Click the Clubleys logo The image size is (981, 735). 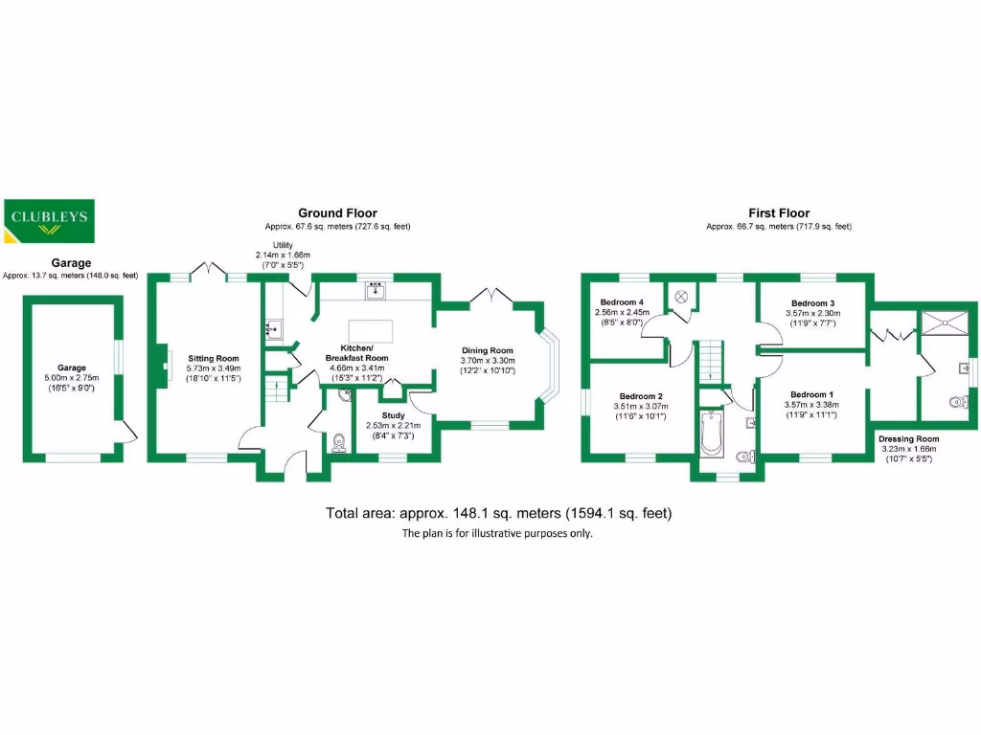click(49, 221)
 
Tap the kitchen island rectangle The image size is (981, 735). click(371, 330)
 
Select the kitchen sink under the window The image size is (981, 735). click(376, 291)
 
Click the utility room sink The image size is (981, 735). click(273, 329)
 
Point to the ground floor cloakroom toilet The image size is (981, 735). click(338, 442)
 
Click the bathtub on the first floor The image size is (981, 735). click(712, 434)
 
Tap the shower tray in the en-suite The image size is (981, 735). click(945, 323)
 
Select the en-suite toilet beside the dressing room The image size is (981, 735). click(958, 401)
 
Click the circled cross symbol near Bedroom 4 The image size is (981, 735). click(681, 297)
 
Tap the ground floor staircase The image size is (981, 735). click(276, 389)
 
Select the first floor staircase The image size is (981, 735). click(710, 361)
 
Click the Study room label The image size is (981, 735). click(393, 415)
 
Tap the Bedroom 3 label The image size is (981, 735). click(812, 303)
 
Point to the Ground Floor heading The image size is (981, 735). click(337, 213)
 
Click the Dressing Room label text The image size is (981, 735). click(908, 438)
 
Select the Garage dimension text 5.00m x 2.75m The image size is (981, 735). click(71, 377)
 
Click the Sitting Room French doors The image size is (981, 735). click(208, 270)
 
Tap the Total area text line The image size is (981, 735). click(498, 513)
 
